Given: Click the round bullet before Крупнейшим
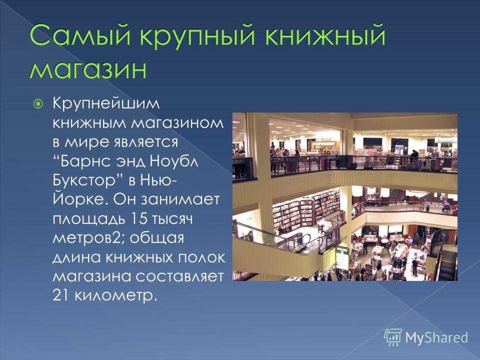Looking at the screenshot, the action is (38, 104).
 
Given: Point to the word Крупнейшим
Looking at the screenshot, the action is (106, 104).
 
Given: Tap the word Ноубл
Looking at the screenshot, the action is (174, 161).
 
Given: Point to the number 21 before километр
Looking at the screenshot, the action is (61, 295).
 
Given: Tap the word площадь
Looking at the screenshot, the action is (89, 219).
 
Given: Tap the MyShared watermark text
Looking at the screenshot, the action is (436, 337).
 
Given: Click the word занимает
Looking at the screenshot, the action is (180, 200).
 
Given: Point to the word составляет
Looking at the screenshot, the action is (179, 276).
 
